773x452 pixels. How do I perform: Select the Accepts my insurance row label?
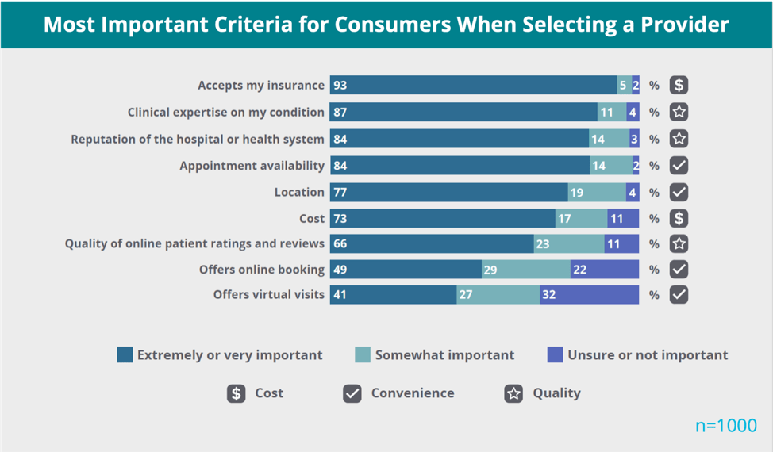point(261,86)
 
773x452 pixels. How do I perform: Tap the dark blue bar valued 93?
point(473,86)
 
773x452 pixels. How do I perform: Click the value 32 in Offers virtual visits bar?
point(548,295)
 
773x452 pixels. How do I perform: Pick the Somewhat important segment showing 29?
point(525,270)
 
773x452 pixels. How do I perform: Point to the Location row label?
point(299,192)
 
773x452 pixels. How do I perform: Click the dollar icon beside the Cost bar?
point(679,218)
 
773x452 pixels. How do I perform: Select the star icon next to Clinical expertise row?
point(679,112)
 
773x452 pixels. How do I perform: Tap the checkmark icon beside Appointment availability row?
point(679,165)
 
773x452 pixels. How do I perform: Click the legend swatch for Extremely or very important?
point(125,354)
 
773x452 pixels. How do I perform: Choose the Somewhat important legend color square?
point(363,354)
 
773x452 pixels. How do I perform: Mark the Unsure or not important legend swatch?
point(555,354)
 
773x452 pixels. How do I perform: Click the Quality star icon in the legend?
point(513,393)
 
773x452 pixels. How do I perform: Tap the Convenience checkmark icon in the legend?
point(352,393)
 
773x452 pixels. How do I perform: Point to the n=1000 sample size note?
point(726,426)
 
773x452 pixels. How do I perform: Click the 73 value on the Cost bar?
point(340,218)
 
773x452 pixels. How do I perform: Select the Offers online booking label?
point(262,270)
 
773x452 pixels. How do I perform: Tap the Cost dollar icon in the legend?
point(236,393)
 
